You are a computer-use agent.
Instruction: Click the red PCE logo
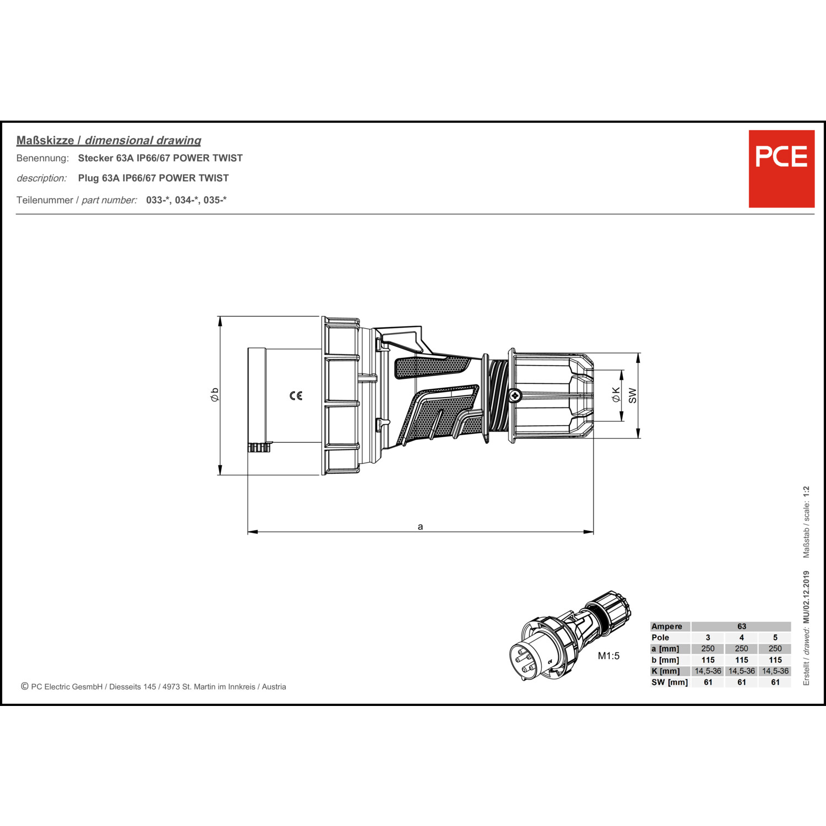(781, 169)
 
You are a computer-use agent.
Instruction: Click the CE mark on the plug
(296, 395)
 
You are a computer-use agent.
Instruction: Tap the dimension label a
(420, 526)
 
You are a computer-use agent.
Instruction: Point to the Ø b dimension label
(215, 394)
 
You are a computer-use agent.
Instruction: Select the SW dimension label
(632, 395)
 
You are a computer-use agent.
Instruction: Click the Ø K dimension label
(616, 394)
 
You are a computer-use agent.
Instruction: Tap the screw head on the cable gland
(515, 395)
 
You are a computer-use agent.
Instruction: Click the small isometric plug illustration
(570, 635)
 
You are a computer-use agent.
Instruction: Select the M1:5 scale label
(608, 656)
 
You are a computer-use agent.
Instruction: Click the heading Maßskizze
(45, 140)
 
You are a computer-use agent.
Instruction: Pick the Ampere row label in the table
(667, 626)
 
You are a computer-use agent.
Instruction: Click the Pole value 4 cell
(742, 638)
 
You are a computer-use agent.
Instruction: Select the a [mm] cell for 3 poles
(708, 649)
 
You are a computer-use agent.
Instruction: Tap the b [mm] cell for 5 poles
(775, 660)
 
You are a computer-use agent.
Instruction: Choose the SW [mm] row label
(670, 682)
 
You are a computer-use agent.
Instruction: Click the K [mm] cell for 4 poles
(742, 671)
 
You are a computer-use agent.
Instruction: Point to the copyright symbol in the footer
(25, 686)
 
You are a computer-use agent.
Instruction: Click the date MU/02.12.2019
(806, 597)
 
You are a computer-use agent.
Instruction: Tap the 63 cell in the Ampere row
(742, 626)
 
